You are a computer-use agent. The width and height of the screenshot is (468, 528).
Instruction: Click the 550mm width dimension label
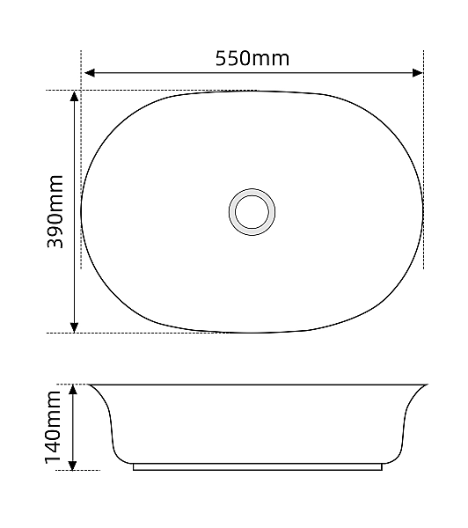252,58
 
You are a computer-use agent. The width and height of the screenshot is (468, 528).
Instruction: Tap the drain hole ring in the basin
252,211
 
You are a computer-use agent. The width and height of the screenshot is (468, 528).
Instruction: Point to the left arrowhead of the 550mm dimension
87,74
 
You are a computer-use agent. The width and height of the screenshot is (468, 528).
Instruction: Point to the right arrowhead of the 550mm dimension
418,74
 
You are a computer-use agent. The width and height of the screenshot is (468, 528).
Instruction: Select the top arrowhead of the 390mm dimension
75,96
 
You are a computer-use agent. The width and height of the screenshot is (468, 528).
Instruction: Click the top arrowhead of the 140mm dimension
75,390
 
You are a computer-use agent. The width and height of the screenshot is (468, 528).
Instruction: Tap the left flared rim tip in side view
90,385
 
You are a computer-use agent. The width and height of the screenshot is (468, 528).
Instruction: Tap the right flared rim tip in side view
426,385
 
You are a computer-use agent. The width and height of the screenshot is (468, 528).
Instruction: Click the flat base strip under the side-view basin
257,466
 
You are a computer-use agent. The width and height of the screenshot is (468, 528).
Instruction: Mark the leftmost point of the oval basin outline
82,211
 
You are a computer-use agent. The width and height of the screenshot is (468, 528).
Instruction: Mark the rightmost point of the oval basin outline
423,211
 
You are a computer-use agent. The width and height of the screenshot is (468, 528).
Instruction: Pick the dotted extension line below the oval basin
141,333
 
